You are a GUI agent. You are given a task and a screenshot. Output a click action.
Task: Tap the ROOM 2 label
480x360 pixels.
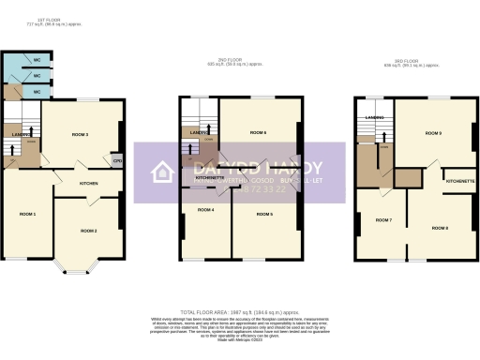88,230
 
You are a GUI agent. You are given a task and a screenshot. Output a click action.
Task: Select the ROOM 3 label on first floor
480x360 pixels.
81,135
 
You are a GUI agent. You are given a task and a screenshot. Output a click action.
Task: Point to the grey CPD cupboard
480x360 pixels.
117,159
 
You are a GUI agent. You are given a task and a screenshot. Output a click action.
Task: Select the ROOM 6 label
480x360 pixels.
259,133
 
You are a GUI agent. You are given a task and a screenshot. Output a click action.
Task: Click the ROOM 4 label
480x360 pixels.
206,209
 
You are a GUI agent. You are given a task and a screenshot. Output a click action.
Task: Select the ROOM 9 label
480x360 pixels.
433,133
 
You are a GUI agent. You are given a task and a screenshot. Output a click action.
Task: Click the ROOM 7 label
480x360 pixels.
383,219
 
